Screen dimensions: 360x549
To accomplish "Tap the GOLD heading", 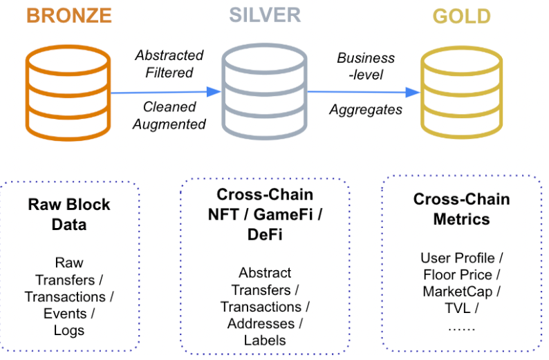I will pos(462,15).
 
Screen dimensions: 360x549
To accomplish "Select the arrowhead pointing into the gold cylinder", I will pos(413,92).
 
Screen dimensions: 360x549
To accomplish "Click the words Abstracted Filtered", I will pos(169,64).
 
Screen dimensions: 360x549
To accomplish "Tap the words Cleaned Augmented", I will pos(169,115).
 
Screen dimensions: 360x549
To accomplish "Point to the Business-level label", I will pos(366,66).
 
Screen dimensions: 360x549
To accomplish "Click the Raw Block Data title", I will pos(69,214).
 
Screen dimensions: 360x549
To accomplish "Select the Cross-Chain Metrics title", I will pos(461,209).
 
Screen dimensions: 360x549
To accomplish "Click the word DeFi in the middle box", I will pos(265,234).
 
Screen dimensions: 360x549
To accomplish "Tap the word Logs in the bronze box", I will pos(69,330).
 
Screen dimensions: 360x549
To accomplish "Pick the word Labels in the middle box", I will pos(265,339).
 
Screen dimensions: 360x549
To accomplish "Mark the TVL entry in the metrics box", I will pos(458,308).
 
